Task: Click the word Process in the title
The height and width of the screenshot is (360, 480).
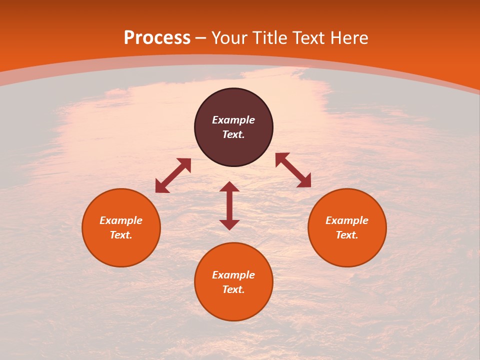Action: click(x=157, y=38)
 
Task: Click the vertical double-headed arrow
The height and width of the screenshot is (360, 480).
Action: click(x=229, y=205)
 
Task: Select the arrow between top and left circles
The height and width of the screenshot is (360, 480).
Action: click(x=173, y=175)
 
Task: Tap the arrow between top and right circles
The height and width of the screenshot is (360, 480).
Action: click(x=293, y=170)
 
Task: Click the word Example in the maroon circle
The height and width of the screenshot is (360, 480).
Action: click(x=233, y=120)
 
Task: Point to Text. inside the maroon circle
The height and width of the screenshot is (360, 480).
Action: click(x=233, y=134)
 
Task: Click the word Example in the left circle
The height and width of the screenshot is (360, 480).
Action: click(x=121, y=220)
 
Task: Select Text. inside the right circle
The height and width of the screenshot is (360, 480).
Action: click(x=347, y=235)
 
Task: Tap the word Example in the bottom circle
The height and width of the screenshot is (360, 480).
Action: click(x=233, y=275)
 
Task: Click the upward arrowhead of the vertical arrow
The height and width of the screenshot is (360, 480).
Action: click(x=229, y=187)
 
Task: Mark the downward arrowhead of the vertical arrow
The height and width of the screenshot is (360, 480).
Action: click(x=229, y=224)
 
